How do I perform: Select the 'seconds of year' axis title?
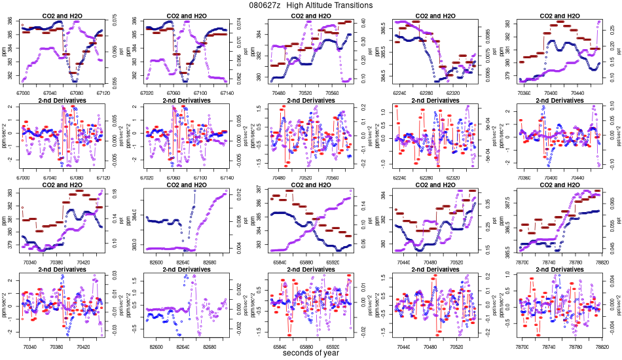[311, 353]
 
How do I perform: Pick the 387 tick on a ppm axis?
[257, 189]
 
